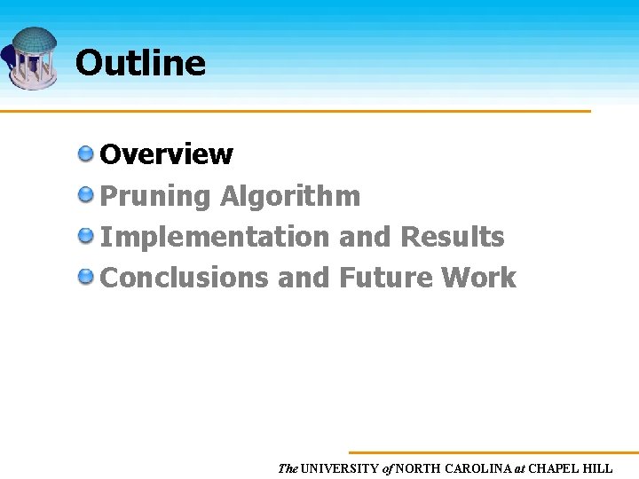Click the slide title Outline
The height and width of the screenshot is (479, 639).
[x=140, y=63]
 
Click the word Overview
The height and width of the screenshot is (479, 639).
[x=167, y=154]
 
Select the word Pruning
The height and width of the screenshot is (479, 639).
[x=155, y=196]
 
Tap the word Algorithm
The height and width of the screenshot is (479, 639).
[x=290, y=195]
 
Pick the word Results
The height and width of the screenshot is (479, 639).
[x=453, y=237]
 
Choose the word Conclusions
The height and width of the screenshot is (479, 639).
[x=185, y=278]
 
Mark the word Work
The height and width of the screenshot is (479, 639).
[x=479, y=278]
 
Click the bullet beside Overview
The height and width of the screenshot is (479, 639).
[x=86, y=153]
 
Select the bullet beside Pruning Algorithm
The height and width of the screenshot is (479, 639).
[x=86, y=194]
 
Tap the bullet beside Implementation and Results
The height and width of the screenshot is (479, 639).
[x=86, y=236]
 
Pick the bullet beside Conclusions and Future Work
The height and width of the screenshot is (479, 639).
[x=86, y=277]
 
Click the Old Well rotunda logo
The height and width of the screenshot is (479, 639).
[x=33, y=58]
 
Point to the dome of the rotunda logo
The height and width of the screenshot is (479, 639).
[x=35, y=40]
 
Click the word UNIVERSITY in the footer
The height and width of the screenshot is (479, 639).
[x=340, y=468]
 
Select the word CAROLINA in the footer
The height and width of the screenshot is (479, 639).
[x=475, y=468]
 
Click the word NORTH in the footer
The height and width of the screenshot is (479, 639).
[x=417, y=468]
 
